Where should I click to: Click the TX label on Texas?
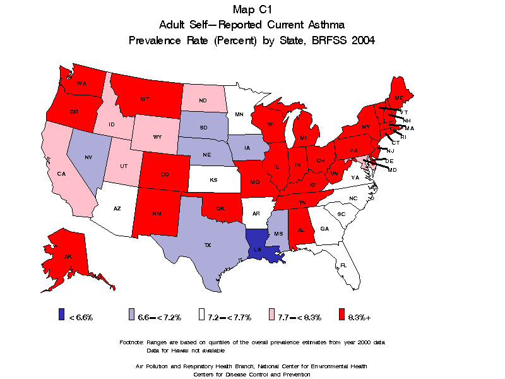coord(207,244)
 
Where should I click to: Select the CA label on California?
coord(62,173)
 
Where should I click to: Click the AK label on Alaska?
coord(67,256)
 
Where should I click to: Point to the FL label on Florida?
coord(343,265)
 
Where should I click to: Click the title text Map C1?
coord(252,9)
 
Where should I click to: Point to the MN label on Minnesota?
coord(239,114)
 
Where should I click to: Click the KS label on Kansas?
coord(213,179)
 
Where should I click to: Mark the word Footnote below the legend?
coord(131,342)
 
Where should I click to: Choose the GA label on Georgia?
coord(324,229)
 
